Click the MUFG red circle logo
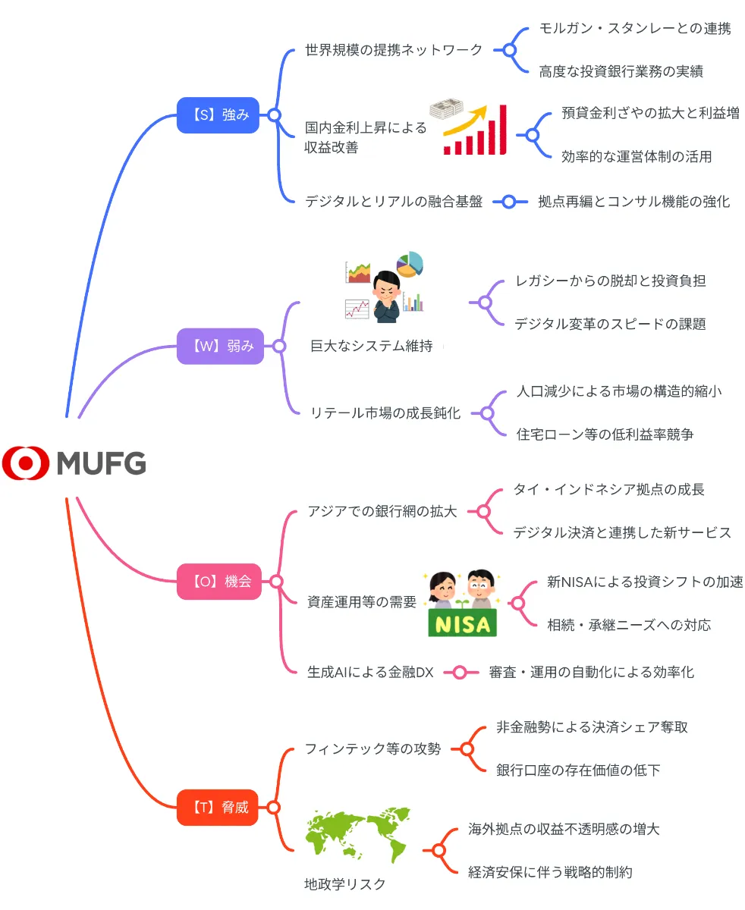pos(26,463)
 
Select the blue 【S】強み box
pos(218,115)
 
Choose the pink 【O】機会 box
pos(218,582)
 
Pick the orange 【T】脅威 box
pos(217,807)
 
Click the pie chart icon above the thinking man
pos(410,265)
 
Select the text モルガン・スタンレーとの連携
pos(634,29)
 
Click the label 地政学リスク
pos(345,883)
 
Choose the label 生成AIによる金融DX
pos(370,672)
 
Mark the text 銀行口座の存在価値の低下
pos(578,770)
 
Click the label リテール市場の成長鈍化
pos(385,413)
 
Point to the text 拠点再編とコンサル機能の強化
pos(633,202)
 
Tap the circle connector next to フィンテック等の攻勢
pos(467,748)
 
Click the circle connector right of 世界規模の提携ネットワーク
pos(509,50)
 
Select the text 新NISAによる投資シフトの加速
pos(645,582)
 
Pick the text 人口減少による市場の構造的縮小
pos(618,391)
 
